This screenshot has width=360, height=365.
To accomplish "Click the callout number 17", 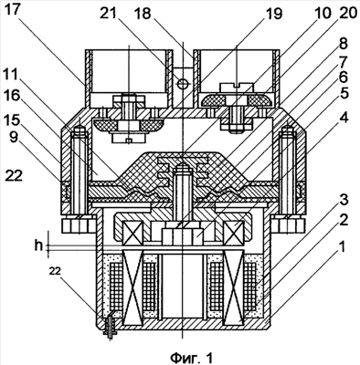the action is (x=14, y=13).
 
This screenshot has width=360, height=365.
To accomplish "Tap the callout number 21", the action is (x=110, y=13).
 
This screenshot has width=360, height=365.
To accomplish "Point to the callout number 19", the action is (x=273, y=14).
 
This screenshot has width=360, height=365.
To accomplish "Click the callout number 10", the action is (x=322, y=14).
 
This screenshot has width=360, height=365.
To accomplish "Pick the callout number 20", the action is (x=347, y=14).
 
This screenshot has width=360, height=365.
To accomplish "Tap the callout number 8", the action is (x=343, y=44).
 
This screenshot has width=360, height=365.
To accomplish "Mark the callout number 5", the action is (x=344, y=94).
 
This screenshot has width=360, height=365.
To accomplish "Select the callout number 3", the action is (x=344, y=201).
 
